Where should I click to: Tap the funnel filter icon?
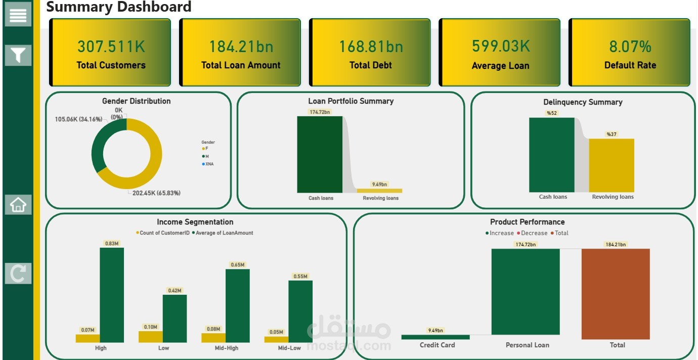coord(18,55)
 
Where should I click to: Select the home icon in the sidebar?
coord(18,205)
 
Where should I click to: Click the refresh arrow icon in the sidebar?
coord(18,274)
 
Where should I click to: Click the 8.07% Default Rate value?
coord(630,47)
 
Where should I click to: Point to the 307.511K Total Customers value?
coord(111,47)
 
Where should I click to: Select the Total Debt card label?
coord(370,65)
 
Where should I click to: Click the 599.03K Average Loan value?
coord(500,46)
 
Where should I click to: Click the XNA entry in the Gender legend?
coord(209,164)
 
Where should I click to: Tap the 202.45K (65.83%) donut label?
coord(155,193)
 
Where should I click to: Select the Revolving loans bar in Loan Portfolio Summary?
coord(379,191)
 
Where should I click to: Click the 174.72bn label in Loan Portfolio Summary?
coord(320,112)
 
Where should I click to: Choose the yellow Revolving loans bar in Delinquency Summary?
coord(612,165)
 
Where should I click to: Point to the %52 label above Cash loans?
coord(551,113)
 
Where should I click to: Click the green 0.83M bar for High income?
coord(112,295)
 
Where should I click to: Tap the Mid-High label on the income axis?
coord(226,348)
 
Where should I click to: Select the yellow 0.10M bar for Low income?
coord(151,337)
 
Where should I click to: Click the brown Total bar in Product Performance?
coord(616,294)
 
